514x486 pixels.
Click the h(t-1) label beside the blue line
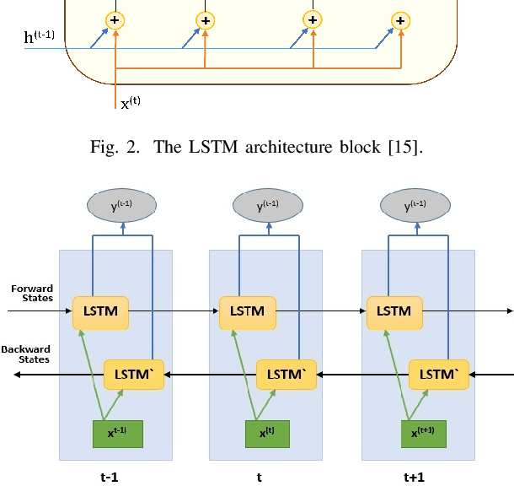[x=40, y=38]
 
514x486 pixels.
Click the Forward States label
[x=32, y=293]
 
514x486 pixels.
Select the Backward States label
[x=26, y=354]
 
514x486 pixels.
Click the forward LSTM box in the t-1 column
[x=101, y=311]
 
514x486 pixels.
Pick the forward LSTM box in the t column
[x=247, y=311]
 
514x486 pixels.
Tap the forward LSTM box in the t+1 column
[x=393, y=311]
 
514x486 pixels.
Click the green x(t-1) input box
[x=117, y=433]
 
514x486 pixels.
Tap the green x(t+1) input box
[x=413, y=433]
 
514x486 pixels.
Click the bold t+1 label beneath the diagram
[x=414, y=476]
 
